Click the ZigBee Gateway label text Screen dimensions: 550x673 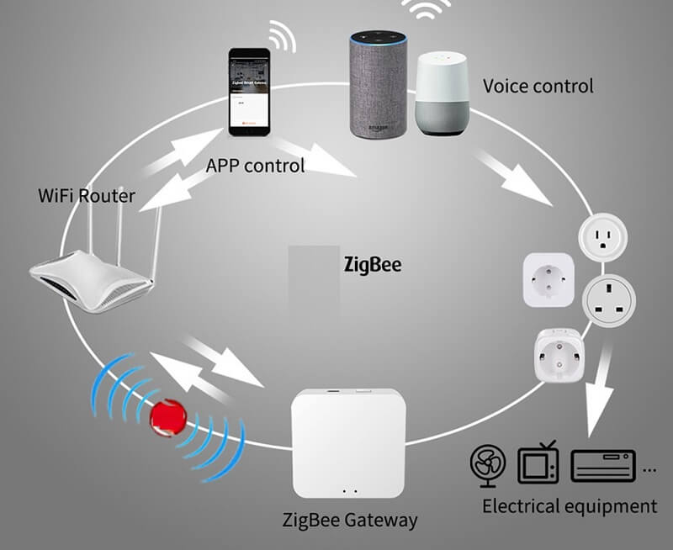point(349,520)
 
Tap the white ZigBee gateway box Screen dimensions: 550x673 point(348,437)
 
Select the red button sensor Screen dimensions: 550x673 point(168,415)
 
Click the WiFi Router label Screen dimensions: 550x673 point(87,196)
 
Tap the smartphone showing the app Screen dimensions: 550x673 point(250,92)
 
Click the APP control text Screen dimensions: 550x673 point(255,165)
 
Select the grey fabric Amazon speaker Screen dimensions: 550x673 point(379,84)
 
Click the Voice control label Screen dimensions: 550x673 point(538,86)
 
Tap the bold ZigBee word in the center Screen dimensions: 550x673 point(373,265)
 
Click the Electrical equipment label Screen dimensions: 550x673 point(569,505)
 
